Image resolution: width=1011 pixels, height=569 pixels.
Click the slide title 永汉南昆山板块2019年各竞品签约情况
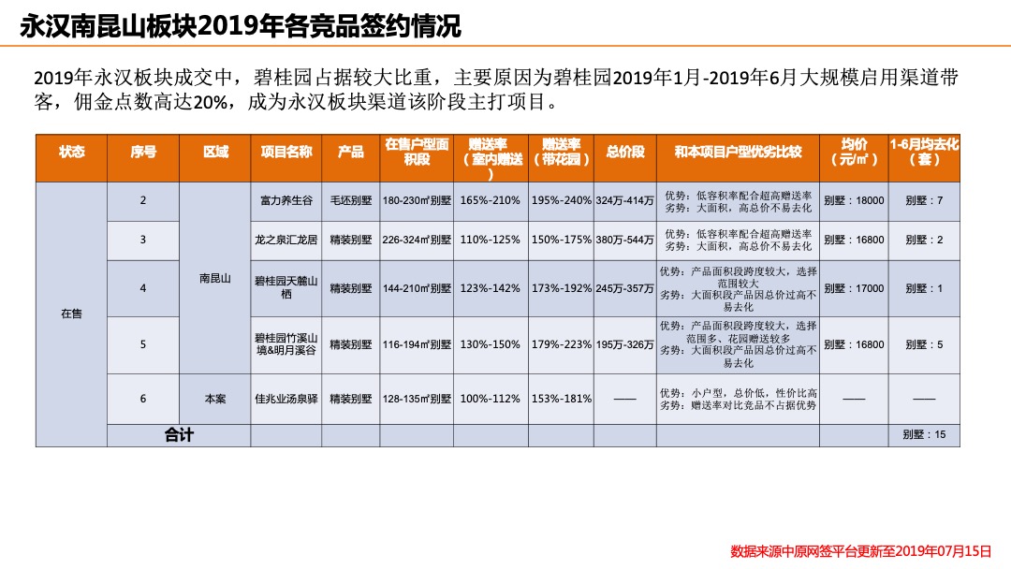point(241,25)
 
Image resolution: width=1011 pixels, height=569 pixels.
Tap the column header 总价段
point(624,152)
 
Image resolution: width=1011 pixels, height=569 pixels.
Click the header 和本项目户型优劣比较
point(738,152)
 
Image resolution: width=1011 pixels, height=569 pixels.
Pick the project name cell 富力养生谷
point(286,201)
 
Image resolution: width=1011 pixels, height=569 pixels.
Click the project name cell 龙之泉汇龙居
point(286,241)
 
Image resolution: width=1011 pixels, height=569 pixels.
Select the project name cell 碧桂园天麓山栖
point(286,288)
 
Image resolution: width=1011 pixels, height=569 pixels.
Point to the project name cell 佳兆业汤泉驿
point(286,399)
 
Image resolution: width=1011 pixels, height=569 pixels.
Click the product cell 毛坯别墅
point(351,201)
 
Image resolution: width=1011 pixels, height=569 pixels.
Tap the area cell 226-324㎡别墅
point(417,241)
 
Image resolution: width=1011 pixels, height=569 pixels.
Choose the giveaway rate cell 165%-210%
point(490,201)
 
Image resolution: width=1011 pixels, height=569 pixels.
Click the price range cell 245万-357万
point(624,288)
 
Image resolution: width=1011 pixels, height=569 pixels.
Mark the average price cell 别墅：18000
point(854,201)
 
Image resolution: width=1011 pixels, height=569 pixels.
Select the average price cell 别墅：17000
point(854,288)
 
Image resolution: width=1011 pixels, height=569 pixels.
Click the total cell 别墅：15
point(924,435)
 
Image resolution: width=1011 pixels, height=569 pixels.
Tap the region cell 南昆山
point(214,279)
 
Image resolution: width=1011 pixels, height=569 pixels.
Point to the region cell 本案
point(214,399)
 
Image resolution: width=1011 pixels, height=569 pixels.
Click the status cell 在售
point(71,314)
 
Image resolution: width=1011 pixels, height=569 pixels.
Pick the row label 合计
point(179,435)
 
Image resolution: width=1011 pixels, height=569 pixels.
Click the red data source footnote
point(859,551)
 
